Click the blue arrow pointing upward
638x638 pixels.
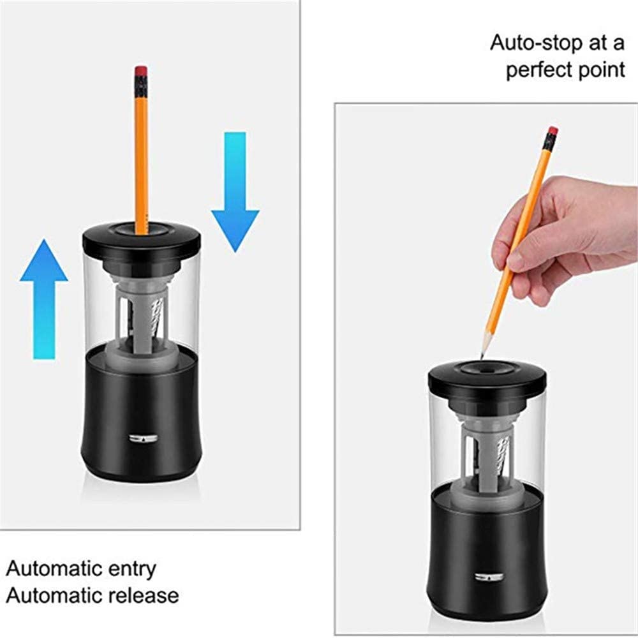point(44,299)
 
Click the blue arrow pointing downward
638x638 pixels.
point(235,192)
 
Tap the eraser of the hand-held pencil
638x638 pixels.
point(553,131)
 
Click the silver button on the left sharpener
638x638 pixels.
point(143,439)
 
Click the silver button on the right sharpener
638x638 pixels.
point(489,577)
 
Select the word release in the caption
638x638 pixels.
point(144,595)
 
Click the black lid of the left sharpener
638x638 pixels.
point(142,240)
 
